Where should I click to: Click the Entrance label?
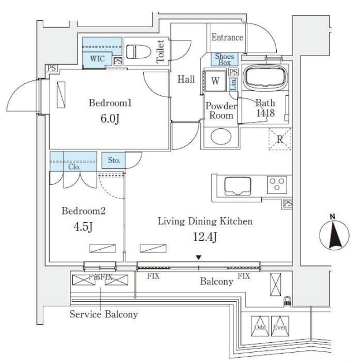pos(227,38)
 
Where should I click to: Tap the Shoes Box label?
pos(225,58)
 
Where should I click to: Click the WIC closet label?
pos(97,58)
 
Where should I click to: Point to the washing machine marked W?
pos(214,81)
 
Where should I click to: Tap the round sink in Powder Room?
pos(220,137)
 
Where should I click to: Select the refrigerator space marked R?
pos(280,139)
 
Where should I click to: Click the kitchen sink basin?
pos(237,187)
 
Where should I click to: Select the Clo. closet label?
pos(73,166)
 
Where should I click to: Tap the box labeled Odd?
pos(261,327)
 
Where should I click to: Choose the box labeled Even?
pos(280,327)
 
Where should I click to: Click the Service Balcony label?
pos(104,315)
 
